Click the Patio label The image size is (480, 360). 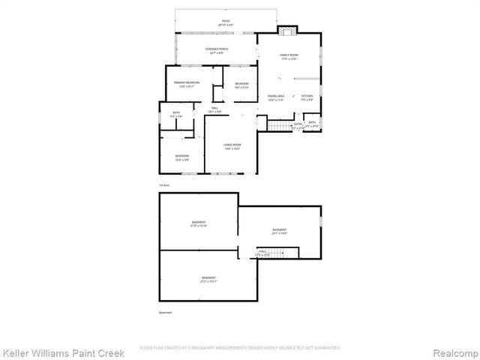pos(226,22)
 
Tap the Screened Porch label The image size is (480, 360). pos(217,49)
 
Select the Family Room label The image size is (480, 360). pos(289,55)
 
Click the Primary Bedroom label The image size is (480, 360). pos(186,82)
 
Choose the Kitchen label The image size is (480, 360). pos(307,96)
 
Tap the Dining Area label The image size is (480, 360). pos(276,96)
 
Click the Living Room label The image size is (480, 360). pos(232,145)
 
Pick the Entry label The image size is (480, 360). pos(298,124)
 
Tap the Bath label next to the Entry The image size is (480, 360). pos(312,123)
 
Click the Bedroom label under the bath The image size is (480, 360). pos(182,156)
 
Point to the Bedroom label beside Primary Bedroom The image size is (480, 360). pos(241,83)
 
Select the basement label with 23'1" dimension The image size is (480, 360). pos(279,229)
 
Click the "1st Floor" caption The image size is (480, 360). pos(164,184)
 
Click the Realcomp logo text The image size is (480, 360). pos(447,352)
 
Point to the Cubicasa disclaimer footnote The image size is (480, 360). pos(240,348)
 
